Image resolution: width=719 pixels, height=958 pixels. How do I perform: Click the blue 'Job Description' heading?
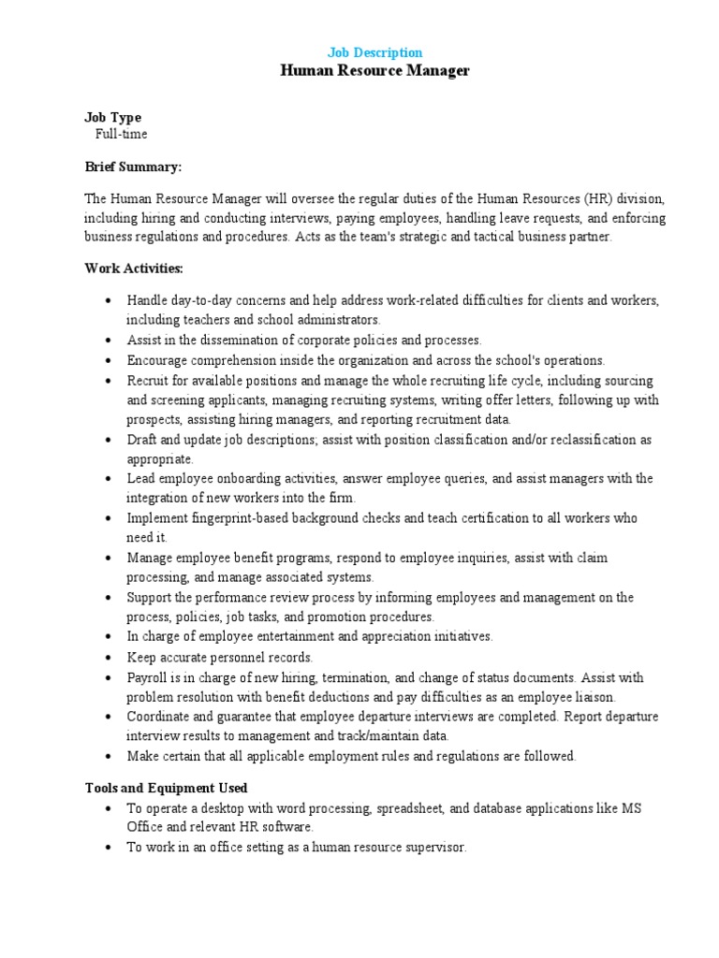click(x=374, y=53)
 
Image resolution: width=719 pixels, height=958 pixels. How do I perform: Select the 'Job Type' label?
click(x=112, y=118)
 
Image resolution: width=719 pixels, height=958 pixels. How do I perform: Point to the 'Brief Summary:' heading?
click(x=133, y=167)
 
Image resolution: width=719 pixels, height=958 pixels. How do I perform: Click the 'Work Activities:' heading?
click(x=134, y=269)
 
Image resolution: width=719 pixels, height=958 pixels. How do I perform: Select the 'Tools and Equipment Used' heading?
click(x=166, y=788)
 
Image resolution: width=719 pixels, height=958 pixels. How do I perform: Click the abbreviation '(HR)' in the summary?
click(x=599, y=199)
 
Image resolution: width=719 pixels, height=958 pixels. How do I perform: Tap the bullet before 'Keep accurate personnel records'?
click(x=109, y=658)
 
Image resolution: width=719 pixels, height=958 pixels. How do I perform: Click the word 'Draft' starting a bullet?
click(x=142, y=439)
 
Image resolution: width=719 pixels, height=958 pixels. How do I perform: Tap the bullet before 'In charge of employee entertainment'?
click(x=109, y=637)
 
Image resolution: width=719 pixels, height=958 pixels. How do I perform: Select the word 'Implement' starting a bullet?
click(x=156, y=518)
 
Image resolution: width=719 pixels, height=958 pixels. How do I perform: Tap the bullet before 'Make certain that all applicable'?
click(x=109, y=756)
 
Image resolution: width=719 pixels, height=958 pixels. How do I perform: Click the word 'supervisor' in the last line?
click(x=433, y=848)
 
